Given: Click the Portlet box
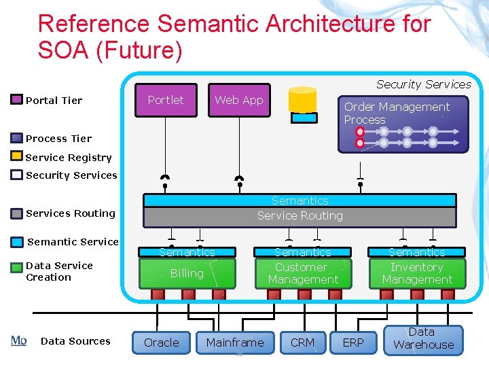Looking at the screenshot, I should click(x=166, y=101).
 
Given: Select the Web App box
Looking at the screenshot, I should click(x=238, y=101).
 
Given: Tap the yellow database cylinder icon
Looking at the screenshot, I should click(x=302, y=99).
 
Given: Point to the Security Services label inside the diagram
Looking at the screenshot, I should click(x=423, y=84).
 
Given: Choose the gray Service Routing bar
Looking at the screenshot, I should click(x=300, y=216).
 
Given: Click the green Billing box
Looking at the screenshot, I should click(x=187, y=273).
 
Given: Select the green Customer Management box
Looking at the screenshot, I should click(x=302, y=273).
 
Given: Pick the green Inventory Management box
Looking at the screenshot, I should click(x=417, y=273).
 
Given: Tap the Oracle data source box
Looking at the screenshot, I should click(x=162, y=343).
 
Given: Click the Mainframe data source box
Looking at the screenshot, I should click(x=235, y=343).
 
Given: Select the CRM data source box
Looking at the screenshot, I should click(x=302, y=343).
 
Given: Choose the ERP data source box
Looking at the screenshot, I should click(x=353, y=343).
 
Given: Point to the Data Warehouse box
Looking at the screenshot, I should click(x=423, y=339).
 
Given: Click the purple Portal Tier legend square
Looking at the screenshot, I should click(x=17, y=100).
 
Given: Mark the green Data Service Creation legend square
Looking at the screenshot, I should click(x=17, y=267).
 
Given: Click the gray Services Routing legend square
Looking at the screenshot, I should click(x=17, y=213).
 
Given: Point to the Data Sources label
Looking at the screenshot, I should click(x=75, y=341).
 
